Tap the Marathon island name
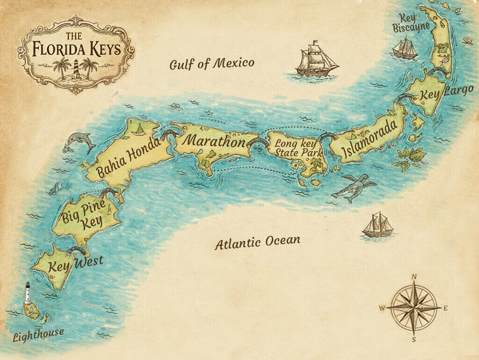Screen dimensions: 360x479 pyautogui.click(x=213, y=141)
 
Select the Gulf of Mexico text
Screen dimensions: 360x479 pyautogui.click(x=212, y=64)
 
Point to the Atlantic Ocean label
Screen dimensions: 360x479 pyautogui.click(x=257, y=242)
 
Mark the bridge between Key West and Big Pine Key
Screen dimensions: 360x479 pyautogui.click(x=75, y=250)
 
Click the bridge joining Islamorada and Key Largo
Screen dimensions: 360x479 pyautogui.click(x=406, y=97)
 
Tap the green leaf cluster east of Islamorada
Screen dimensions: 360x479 pyautogui.click(x=410, y=157)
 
